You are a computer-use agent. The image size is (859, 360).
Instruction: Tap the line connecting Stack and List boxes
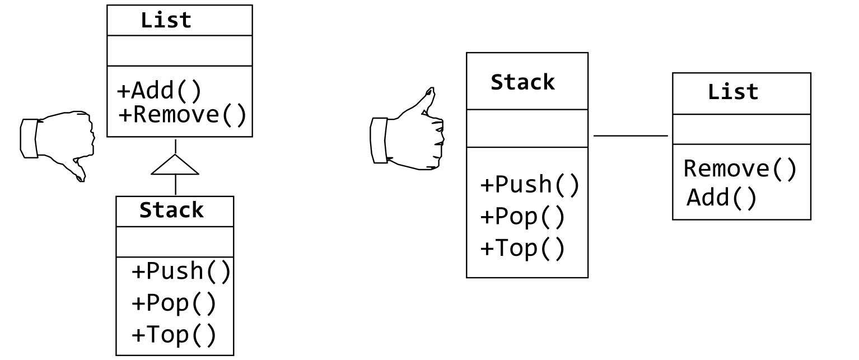pyautogui.click(x=631, y=135)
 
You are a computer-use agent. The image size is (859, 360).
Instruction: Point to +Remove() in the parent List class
pyautogui.click(x=183, y=115)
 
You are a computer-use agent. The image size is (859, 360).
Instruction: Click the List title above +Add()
pyautogui.click(x=166, y=21)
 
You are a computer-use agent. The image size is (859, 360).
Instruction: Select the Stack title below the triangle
pyautogui.click(x=172, y=211)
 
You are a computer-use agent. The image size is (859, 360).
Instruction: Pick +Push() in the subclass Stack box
pyautogui.click(x=180, y=272)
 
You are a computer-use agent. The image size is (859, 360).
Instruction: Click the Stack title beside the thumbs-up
pyautogui.click(x=523, y=82)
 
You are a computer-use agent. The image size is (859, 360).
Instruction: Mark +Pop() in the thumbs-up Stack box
pyautogui.click(x=522, y=217)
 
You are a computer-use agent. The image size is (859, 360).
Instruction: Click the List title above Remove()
pyautogui.click(x=733, y=92)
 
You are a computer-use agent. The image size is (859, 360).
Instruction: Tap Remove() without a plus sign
pyautogui.click(x=740, y=169)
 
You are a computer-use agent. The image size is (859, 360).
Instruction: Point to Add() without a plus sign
pyautogui.click(x=722, y=197)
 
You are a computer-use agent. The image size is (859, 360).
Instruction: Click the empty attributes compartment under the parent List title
pyautogui.click(x=179, y=50)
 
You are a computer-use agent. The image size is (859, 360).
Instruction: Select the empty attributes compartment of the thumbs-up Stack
pyautogui.click(x=527, y=128)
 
